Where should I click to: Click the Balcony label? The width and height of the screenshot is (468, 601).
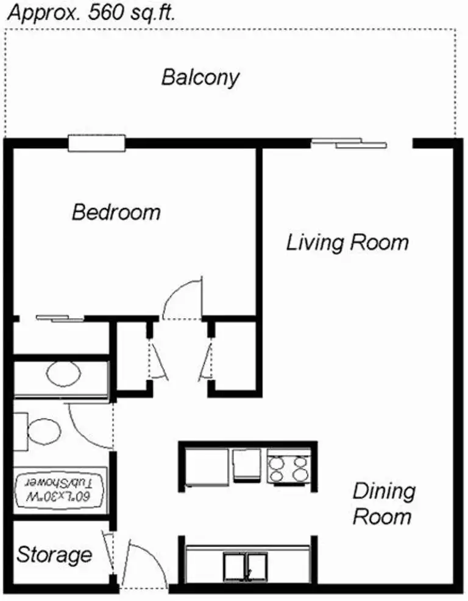pyautogui.click(x=200, y=78)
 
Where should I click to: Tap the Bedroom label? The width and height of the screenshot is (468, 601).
pyautogui.click(x=116, y=212)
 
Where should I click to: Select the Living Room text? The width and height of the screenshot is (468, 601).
pyautogui.click(x=347, y=243)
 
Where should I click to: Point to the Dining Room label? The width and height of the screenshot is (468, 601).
pyautogui.click(x=384, y=504)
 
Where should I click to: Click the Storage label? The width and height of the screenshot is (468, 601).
pyautogui.click(x=54, y=555)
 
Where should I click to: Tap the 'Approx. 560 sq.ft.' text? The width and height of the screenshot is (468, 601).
pyautogui.click(x=91, y=12)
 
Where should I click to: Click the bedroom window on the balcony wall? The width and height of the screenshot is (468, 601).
pyautogui.click(x=97, y=143)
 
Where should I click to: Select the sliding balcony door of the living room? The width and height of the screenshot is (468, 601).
pyautogui.click(x=349, y=143)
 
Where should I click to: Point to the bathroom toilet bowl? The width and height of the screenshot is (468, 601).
pyautogui.click(x=44, y=431)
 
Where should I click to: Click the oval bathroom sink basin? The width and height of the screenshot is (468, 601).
pyautogui.click(x=63, y=373)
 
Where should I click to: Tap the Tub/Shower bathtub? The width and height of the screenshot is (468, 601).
pyautogui.click(x=60, y=492)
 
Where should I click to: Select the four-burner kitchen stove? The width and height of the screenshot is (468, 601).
pyautogui.click(x=289, y=468)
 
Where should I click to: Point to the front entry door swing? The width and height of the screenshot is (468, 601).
pyautogui.click(x=148, y=556)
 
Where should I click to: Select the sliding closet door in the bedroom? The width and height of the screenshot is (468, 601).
pyautogui.click(x=60, y=318)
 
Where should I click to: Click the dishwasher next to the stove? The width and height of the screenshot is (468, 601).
pyautogui.click(x=246, y=465)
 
